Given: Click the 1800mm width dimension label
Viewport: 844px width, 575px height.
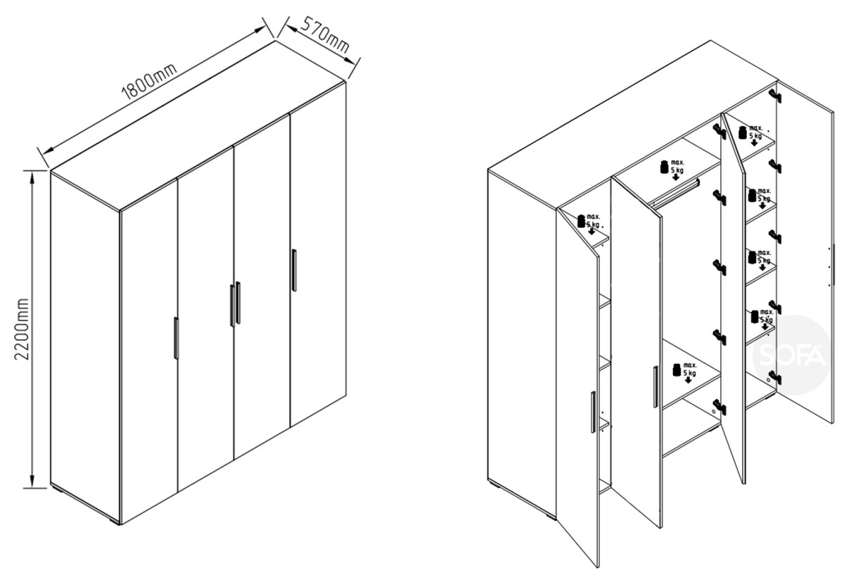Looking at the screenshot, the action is point(149,82).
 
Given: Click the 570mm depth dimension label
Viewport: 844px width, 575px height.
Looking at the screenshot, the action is point(325,34).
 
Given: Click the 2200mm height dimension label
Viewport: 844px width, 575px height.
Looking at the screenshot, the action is point(22,329).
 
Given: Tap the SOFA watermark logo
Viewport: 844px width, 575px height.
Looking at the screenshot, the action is point(792,355).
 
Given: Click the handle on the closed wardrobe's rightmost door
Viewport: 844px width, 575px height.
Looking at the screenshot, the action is point(294,270).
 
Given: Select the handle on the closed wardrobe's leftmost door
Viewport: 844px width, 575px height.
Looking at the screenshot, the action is point(176,338).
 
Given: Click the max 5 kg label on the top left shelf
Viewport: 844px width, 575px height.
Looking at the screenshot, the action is point(589,225).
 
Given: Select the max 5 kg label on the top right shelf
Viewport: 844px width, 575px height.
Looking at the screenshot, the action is point(750,135).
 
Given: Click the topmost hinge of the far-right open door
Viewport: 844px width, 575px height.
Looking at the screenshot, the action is point(775,96).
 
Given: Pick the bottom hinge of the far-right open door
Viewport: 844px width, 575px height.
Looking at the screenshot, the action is point(775,377).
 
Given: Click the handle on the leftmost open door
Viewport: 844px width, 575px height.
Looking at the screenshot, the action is point(593,412).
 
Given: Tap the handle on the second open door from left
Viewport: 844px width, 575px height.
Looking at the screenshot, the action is point(656,386).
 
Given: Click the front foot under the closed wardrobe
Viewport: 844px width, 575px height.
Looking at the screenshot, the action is point(115,523).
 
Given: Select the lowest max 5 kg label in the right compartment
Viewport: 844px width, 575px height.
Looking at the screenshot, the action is point(762,320).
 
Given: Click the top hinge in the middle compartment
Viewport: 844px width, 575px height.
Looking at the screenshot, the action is point(720,132).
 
